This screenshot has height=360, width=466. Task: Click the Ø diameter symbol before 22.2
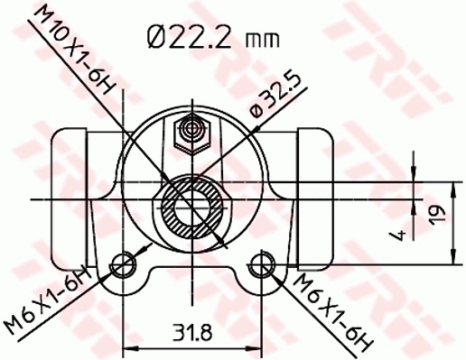(155, 37)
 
